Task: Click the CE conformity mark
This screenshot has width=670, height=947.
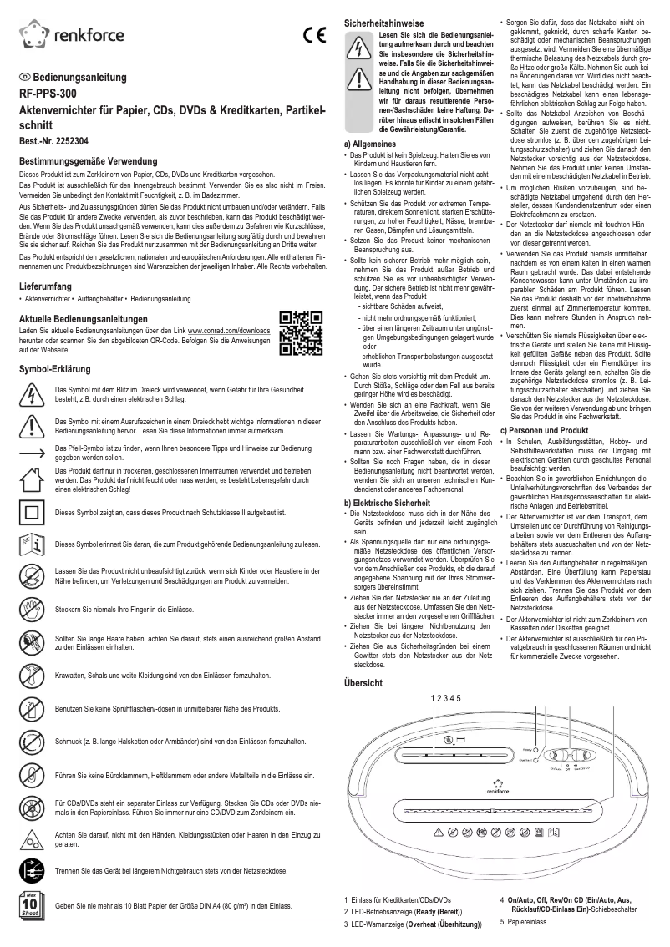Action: click(313, 35)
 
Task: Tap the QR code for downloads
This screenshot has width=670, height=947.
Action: click(300, 332)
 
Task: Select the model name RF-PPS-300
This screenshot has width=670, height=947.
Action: click(49, 94)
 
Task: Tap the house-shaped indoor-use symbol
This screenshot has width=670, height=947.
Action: click(31, 479)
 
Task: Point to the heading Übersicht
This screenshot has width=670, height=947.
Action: click(363, 682)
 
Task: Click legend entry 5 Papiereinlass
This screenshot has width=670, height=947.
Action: click(522, 922)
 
